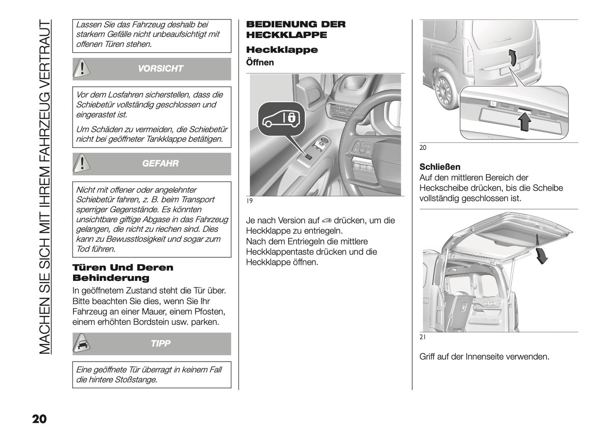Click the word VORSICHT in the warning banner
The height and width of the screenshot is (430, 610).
(160, 69)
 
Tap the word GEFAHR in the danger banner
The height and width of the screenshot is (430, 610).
(160, 163)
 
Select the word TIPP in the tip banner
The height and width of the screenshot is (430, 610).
(160, 344)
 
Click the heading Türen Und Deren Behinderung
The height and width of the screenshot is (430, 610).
(123, 272)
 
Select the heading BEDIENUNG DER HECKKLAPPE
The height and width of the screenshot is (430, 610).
(296, 30)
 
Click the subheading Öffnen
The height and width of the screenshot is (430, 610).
(260, 63)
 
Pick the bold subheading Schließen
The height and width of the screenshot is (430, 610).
(439, 167)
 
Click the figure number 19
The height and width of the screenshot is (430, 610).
(249, 201)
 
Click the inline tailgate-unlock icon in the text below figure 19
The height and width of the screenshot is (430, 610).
(326, 221)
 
